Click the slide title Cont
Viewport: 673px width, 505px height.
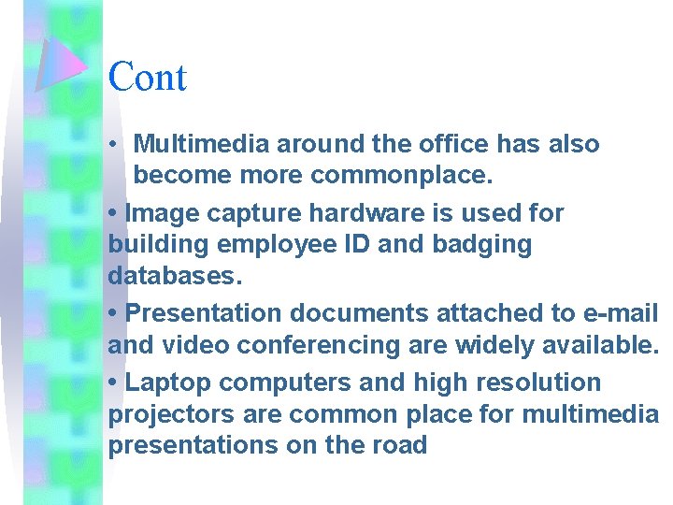(x=148, y=77)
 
